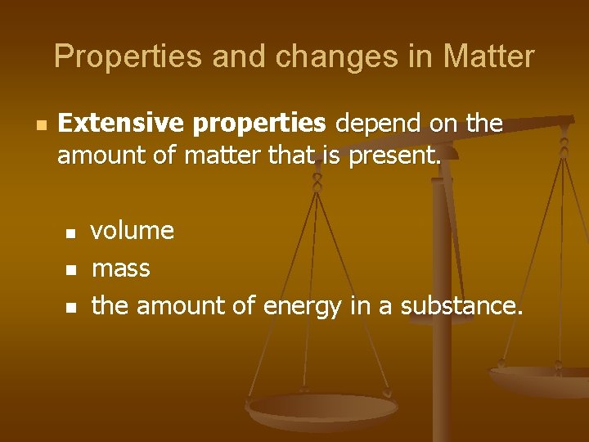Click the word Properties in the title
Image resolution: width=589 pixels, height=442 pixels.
point(107,57)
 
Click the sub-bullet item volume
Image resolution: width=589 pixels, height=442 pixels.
point(133,231)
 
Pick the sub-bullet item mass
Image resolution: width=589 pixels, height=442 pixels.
point(121,268)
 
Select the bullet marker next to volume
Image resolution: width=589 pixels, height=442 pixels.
point(71,233)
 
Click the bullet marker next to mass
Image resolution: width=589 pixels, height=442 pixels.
point(71,270)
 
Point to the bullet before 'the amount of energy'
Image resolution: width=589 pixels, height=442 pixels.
point(71,308)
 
